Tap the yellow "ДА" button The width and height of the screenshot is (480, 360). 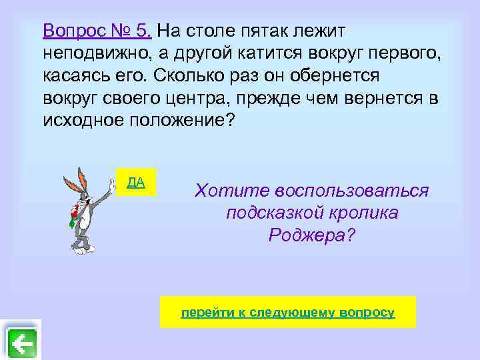(136, 182)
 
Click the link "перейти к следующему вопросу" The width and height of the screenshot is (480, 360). (288, 312)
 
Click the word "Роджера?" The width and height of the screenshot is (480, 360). (311, 235)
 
